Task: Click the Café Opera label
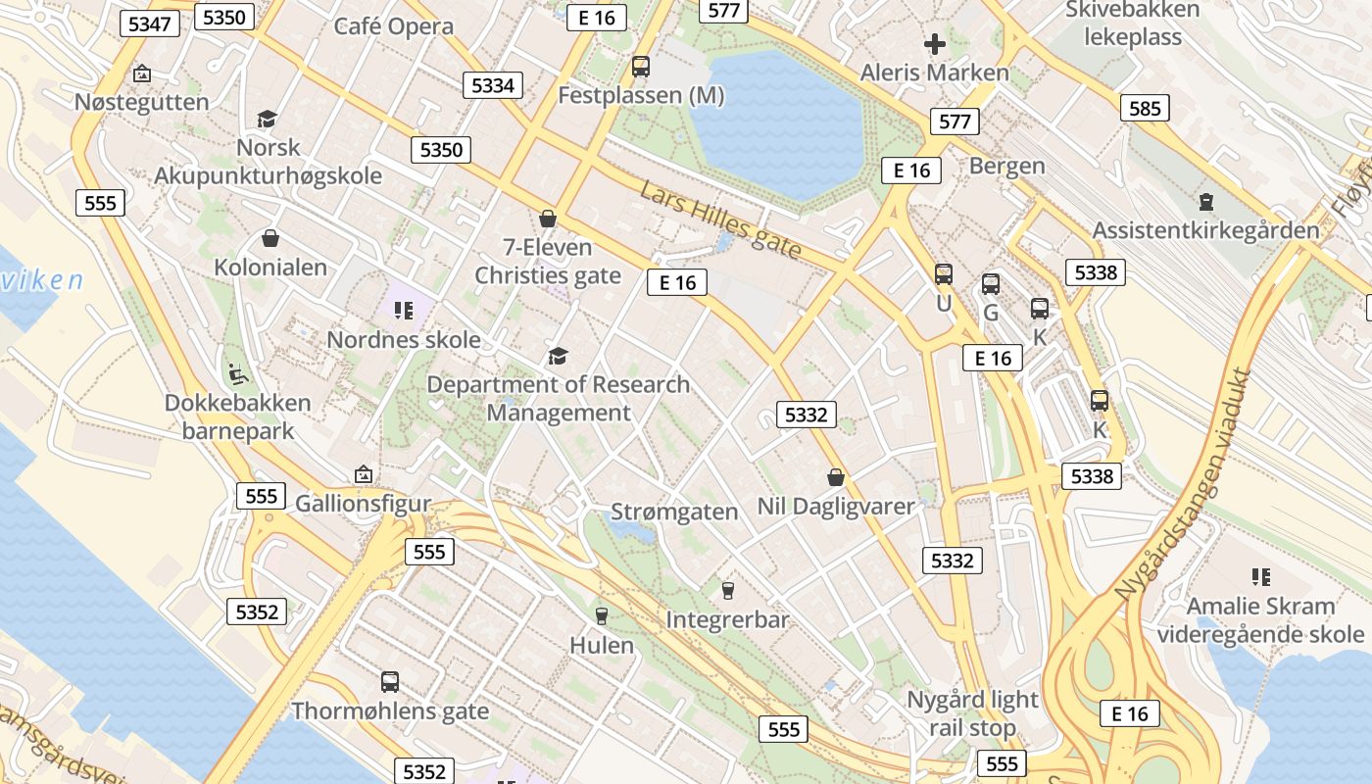point(394,25)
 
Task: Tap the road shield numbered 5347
point(150,24)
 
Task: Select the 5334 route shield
point(493,85)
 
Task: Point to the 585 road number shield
point(1145,108)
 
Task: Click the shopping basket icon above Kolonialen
point(269,238)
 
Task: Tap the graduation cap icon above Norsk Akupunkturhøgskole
point(267,120)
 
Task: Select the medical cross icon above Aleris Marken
point(934,44)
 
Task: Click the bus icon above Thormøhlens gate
point(389,682)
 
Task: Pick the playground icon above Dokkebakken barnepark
point(237,373)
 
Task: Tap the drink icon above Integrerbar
point(727,590)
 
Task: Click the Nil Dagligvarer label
point(835,506)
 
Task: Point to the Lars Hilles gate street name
point(721,220)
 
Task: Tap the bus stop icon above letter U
point(943,274)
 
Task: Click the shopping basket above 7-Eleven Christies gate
point(548,219)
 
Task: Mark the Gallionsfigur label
point(363,504)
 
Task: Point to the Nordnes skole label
point(403,340)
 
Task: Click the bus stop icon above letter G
point(991,284)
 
